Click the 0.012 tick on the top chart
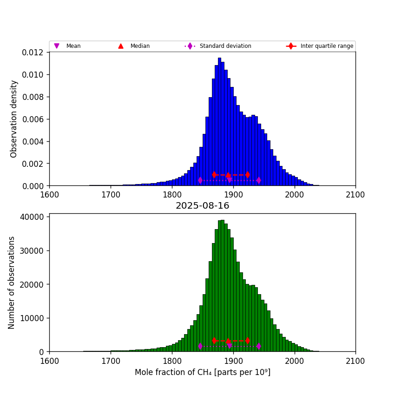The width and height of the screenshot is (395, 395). (33, 53)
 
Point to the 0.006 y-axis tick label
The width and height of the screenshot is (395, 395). (33, 119)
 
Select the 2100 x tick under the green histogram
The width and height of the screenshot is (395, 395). (355, 360)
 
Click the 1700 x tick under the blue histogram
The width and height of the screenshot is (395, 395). (111, 194)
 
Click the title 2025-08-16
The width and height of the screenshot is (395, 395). (202, 206)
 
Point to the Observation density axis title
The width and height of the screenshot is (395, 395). (14, 118)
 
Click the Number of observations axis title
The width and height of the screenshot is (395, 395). (12, 283)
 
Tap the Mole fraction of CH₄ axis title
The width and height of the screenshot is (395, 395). (202, 372)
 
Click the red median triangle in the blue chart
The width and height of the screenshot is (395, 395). (228, 175)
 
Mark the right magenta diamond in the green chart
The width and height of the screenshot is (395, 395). (258, 346)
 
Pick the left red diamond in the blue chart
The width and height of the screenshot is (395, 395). (214, 175)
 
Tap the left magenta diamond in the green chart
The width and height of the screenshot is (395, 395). (200, 346)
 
